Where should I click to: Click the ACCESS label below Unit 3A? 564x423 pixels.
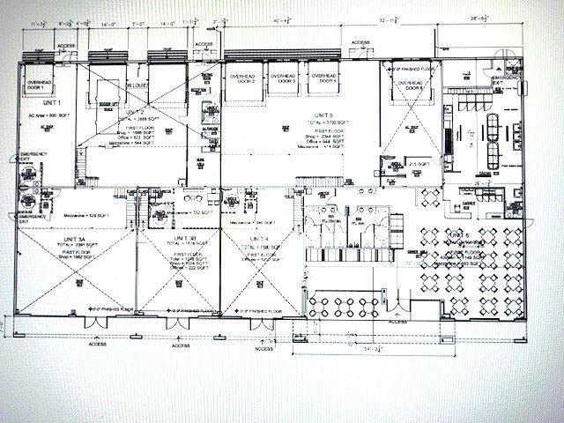98,345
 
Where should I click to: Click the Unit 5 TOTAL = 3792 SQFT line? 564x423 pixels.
323,123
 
